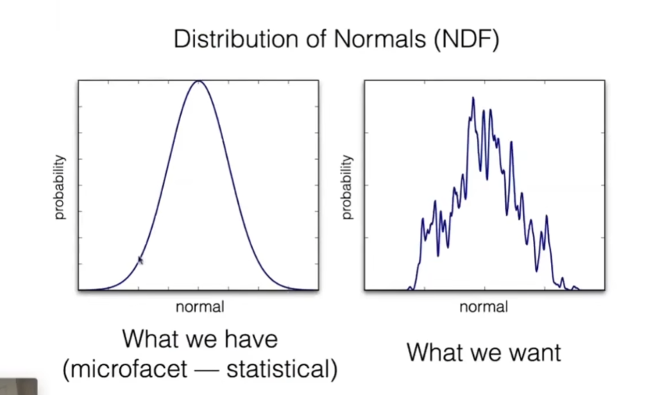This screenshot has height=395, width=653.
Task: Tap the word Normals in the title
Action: (380, 39)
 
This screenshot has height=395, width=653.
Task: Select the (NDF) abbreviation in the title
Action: (466, 40)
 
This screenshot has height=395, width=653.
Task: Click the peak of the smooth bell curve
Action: (198, 81)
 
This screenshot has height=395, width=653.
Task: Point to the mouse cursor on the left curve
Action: (140, 260)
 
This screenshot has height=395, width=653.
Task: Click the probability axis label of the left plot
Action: (60, 187)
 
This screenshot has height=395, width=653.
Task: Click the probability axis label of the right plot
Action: (346, 187)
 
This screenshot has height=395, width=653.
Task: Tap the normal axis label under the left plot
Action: (200, 307)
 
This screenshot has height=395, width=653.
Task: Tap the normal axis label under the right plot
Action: (484, 307)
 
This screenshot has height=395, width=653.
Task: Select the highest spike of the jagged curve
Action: (473, 99)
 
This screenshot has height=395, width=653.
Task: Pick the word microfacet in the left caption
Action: (125, 369)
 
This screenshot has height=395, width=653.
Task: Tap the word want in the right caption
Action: (535, 353)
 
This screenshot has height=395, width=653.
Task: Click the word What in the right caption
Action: (432, 352)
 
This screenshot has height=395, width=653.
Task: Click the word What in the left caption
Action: (147, 338)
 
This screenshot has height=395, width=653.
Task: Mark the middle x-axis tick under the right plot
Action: (485, 287)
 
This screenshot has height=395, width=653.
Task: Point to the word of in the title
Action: (317, 39)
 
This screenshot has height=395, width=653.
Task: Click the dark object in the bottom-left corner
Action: (18, 387)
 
